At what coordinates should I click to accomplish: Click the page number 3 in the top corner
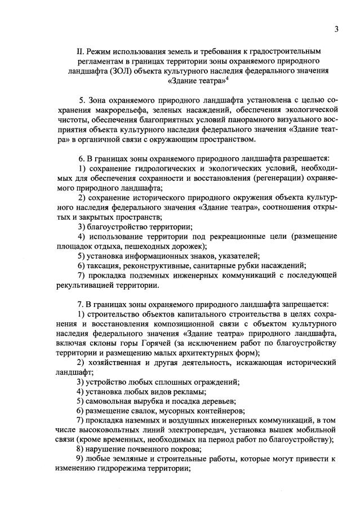coord(336,29)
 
